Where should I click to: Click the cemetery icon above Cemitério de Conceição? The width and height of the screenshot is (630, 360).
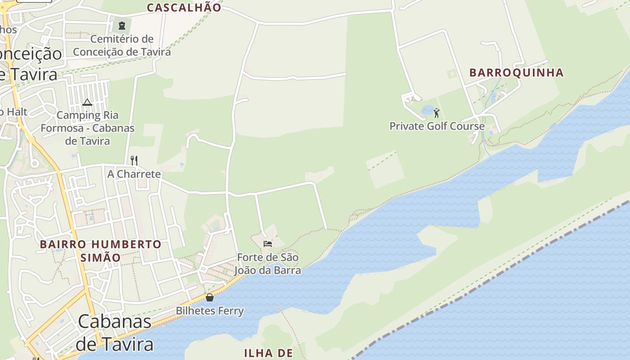point(121,25)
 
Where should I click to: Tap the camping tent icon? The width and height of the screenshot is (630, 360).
point(87,102)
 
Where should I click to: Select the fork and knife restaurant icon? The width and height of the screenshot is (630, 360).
point(134,160)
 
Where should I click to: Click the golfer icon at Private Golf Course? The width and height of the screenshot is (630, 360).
point(436,112)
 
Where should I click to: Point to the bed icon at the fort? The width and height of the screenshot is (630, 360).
point(268,244)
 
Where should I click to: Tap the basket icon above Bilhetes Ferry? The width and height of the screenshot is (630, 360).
point(210,297)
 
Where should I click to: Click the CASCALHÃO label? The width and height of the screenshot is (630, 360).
point(184,8)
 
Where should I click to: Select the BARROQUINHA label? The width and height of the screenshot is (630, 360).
point(516,73)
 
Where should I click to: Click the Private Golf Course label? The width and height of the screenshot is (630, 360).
point(437,126)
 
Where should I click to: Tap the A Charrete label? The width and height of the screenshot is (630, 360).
point(134,174)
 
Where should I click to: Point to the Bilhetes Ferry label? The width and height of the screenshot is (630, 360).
point(210,311)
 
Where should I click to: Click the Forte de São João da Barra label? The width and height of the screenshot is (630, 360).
point(268,264)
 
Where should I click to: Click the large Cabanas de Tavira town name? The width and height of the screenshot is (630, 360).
point(115,333)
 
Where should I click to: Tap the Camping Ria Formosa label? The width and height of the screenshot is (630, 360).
point(88,128)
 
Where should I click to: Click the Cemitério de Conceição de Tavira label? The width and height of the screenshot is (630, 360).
point(122,45)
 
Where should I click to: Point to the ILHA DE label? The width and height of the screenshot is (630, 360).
point(268,353)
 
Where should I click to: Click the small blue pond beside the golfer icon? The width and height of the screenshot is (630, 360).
point(427,110)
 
